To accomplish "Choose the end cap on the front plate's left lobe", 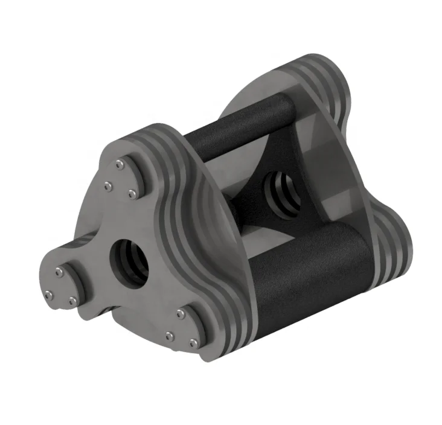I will [60, 284].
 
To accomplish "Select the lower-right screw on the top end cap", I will [132, 193].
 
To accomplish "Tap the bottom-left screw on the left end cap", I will [48, 295].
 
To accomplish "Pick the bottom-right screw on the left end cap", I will [73, 300].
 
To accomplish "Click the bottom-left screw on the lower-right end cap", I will [170, 336].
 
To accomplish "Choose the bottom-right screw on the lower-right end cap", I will [194, 343].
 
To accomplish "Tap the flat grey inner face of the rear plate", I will [338, 175].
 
